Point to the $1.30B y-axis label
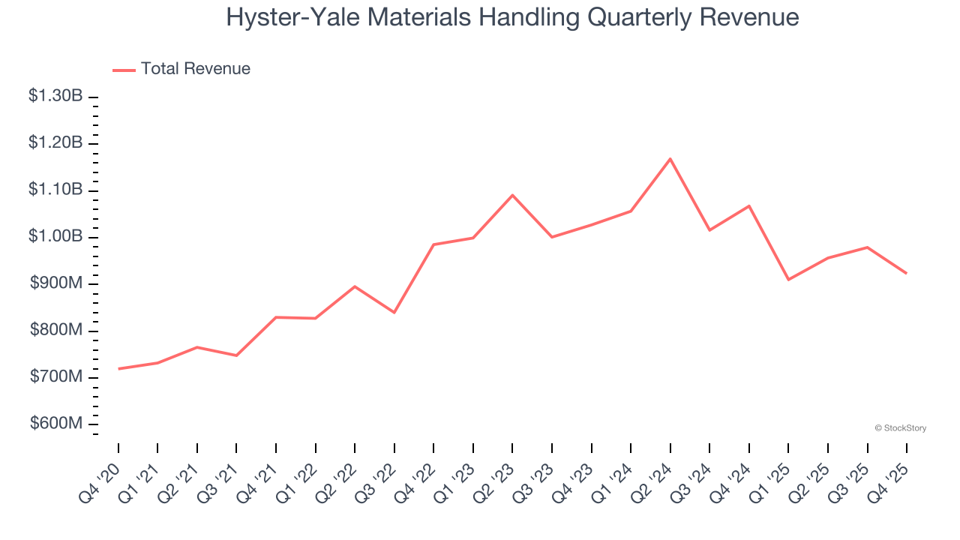tap(55, 96)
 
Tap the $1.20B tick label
tap(55, 142)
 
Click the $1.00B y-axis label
tap(55, 236)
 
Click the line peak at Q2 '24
tap(670, 159)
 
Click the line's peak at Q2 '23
tap(512, 195)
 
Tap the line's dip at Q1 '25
tap(788, 280)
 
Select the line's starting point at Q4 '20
tap(118, 369)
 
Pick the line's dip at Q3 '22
tap(394, 312)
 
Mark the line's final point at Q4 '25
tap(906, 273)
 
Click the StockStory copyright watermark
tap(900, 428)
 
